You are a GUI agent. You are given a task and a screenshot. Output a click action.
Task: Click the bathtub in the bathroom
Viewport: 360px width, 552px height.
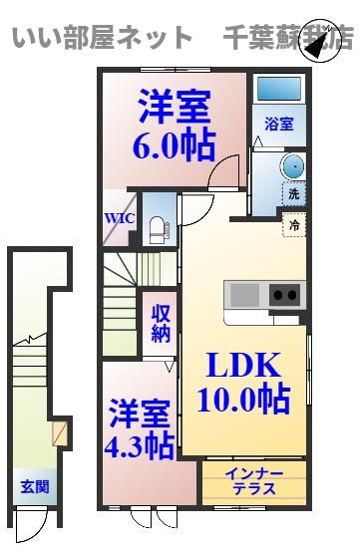tap(279, 88)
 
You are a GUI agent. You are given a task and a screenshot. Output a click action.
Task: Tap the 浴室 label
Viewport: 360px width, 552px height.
tap(279, 125)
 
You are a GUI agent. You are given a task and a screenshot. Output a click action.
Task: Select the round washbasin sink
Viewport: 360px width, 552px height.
tap(293, 166)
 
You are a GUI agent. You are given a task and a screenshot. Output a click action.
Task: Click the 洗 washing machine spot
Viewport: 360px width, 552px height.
tap(294, 194)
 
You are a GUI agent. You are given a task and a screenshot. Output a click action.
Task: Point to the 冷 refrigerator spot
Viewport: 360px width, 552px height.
tap(294, 225)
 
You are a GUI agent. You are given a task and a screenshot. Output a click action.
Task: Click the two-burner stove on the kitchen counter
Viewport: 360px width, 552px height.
tap(287, 295)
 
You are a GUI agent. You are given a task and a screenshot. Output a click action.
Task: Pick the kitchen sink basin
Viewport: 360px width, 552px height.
tap(244, 295)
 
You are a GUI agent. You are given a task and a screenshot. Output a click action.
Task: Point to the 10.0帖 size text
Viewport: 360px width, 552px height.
tap(244, 400)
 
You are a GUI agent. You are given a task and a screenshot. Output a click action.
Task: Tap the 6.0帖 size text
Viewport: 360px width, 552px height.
tap(174, 145)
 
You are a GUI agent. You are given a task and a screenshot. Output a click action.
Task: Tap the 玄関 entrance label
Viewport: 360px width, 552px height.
tap(35, 486)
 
